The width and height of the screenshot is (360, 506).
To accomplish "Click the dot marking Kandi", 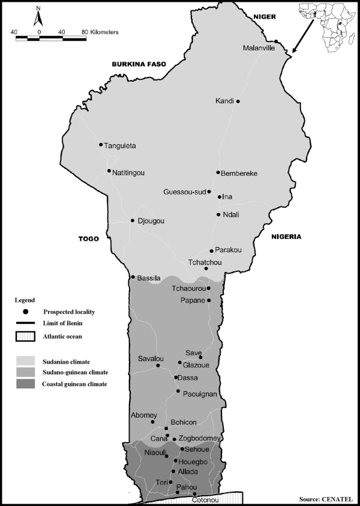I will point(238,101).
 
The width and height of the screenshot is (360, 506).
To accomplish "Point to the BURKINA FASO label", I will point(138,63).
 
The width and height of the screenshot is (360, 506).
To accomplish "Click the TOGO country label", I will point(88,238).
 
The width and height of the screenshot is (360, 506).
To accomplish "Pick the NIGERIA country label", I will point(286,236).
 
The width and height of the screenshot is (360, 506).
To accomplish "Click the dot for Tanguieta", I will point(101,145).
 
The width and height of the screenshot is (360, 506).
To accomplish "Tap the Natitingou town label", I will point(129,173).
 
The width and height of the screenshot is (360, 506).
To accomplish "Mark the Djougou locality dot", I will point(133,220).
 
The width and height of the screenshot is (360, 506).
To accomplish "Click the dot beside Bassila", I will point(133,277).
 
